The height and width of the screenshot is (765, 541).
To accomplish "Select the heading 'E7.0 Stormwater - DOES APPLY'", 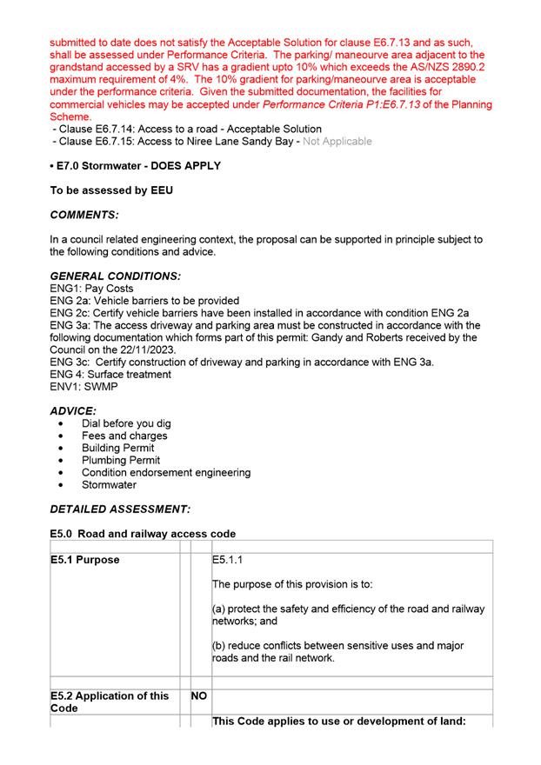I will pos(135,165).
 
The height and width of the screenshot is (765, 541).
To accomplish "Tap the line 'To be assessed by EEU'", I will pos(111,190).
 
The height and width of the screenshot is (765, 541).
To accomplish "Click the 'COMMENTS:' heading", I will pos(84,214).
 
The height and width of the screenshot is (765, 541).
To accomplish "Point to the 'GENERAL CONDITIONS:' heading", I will pos(116,276).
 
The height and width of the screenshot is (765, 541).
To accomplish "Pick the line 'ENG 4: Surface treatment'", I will pos(110,374).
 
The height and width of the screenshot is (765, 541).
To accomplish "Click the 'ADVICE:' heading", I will pos(73,410).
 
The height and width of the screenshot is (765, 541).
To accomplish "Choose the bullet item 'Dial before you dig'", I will pos(126,423).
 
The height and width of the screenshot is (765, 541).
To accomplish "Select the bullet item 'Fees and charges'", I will pos(124,436).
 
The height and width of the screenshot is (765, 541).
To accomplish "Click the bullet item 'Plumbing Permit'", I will pos(121,460).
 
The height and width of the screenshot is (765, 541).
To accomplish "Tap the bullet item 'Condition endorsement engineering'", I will pos(166,472).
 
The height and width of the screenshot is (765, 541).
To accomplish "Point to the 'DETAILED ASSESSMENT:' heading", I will pos(120,509).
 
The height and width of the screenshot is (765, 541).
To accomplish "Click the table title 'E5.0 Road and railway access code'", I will pos(143,533).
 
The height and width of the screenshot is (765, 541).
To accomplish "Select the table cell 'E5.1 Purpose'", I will pos(85,560).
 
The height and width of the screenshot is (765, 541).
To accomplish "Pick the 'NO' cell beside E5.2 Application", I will pos(199,695).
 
